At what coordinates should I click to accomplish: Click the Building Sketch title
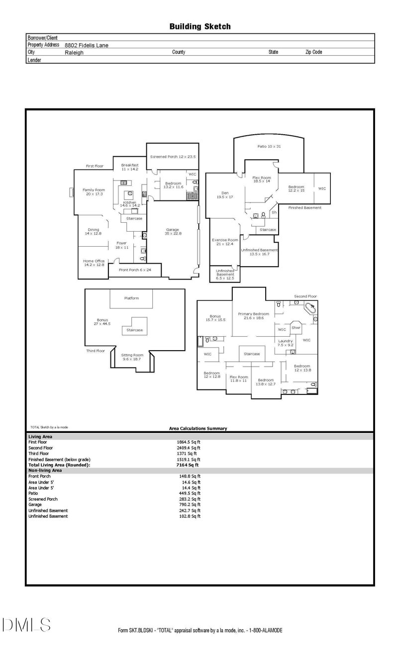tap(200, 27)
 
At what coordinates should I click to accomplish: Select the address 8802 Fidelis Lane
tap(87, 45)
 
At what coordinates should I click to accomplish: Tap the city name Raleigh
tap(74, 52)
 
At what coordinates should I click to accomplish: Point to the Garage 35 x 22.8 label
tap(173, 231)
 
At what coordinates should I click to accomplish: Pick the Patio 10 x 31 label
tap(269, 146)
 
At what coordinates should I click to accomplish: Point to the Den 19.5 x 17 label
tap(221, 194)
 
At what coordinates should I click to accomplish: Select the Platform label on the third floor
tap(131, 298)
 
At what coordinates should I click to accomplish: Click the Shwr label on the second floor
tap(296, 328)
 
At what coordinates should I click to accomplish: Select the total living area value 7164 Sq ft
tap(188, 465)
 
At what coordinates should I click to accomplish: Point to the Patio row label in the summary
tap(34, 493)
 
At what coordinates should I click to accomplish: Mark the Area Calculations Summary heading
tap(198, 428)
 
